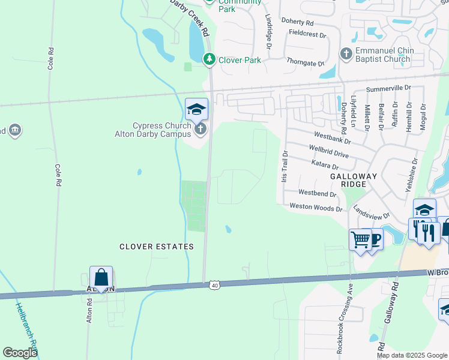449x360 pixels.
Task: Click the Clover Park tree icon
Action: click(209, 59)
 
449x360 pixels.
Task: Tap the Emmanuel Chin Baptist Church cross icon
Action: click(346, 54)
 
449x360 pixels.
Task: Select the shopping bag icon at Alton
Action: click(101, 278)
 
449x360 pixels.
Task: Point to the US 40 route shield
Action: click(214, 285)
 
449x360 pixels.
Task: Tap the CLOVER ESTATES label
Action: click(156, 247)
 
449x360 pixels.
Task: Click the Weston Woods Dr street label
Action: click(316, 208)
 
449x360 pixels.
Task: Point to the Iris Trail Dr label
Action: click(285, 167)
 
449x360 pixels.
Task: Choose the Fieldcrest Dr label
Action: click(307, 34)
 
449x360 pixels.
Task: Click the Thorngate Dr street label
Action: click(305, 62)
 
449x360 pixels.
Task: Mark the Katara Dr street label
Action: click(325, 164)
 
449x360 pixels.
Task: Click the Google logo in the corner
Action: click(20, 353)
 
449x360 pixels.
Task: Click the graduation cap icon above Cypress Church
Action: click(196, 109)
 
